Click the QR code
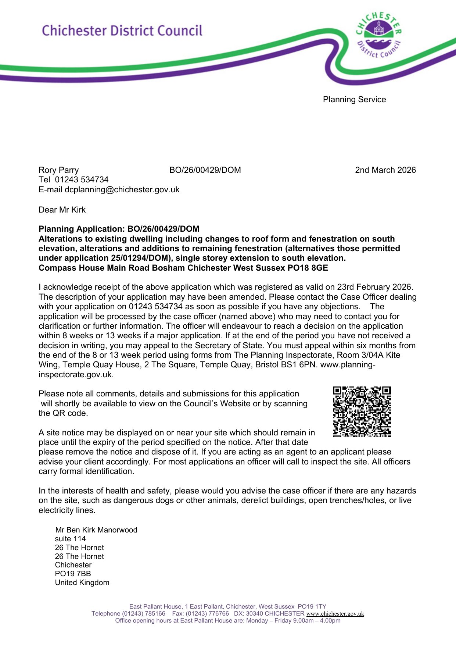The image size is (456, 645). pyautogui.click(x=362, y=411)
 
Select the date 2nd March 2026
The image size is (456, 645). pyautogui.click(x=385, y=170)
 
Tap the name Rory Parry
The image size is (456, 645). pyautogui.click(x=59, y=170)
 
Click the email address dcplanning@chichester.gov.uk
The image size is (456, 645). pyautogui.click(x=122, y=190)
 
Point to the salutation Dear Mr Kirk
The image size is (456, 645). pyautogui.click(x=62, y=210)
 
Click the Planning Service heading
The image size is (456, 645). pyautogui.click(x=354, y=100)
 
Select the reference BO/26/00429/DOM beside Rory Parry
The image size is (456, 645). pyautogui.click(x=205, y=170)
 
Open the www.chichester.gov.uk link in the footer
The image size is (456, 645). pyautogui.click(x=335, y=614)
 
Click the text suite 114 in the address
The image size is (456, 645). pyautogui.click(x=70, y=539)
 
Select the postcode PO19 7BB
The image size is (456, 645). pyautogui.click(x=73, y=574)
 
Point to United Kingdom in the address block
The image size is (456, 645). pyautogui.click(x=82, y=583)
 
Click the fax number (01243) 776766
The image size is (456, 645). pyautogui.click(x=207, y=614)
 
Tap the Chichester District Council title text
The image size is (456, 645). pyautogui.click(x=122, y=31)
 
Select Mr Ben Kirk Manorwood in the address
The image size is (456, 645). pyautogui.click(x=96, y=530)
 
